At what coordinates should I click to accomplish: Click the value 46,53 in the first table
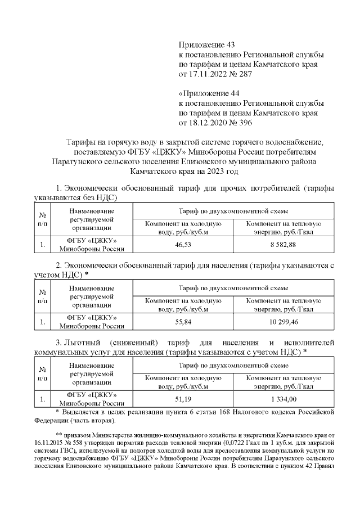click(183, 245)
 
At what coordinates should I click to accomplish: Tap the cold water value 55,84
click(183, 322)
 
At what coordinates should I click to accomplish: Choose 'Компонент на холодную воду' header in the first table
click(183, 227)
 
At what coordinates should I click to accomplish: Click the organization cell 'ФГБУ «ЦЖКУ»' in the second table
click(92, 318)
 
